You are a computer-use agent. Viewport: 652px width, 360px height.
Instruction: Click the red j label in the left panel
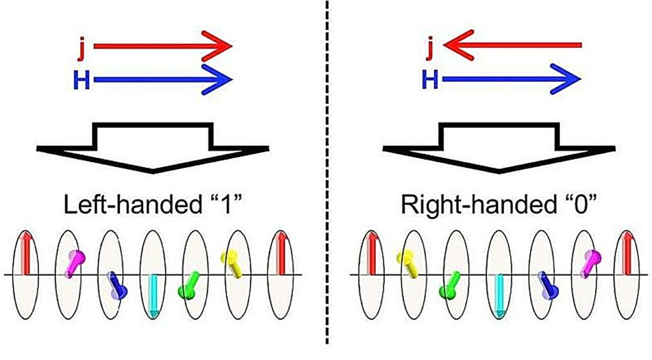(x=82, y=49)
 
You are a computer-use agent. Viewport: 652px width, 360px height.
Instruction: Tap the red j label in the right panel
(x=430, y=48)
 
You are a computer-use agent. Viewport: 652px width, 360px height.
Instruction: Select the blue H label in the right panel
(x=430, y=80)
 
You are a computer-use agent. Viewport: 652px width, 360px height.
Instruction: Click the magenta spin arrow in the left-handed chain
(x=75, y=263)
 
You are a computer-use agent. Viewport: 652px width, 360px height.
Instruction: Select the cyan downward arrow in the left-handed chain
(x=153, y=296)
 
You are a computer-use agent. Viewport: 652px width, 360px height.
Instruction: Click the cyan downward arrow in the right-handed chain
(x=499, y=296)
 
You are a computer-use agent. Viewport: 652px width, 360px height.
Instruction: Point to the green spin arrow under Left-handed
(x=189, y=286)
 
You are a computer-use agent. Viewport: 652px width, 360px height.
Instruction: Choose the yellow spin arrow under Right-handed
(x=408, y=264)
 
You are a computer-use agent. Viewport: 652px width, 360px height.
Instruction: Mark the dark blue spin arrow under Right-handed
(x=547, y=286)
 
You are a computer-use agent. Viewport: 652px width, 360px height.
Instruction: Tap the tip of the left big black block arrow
(x=153, y=172)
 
